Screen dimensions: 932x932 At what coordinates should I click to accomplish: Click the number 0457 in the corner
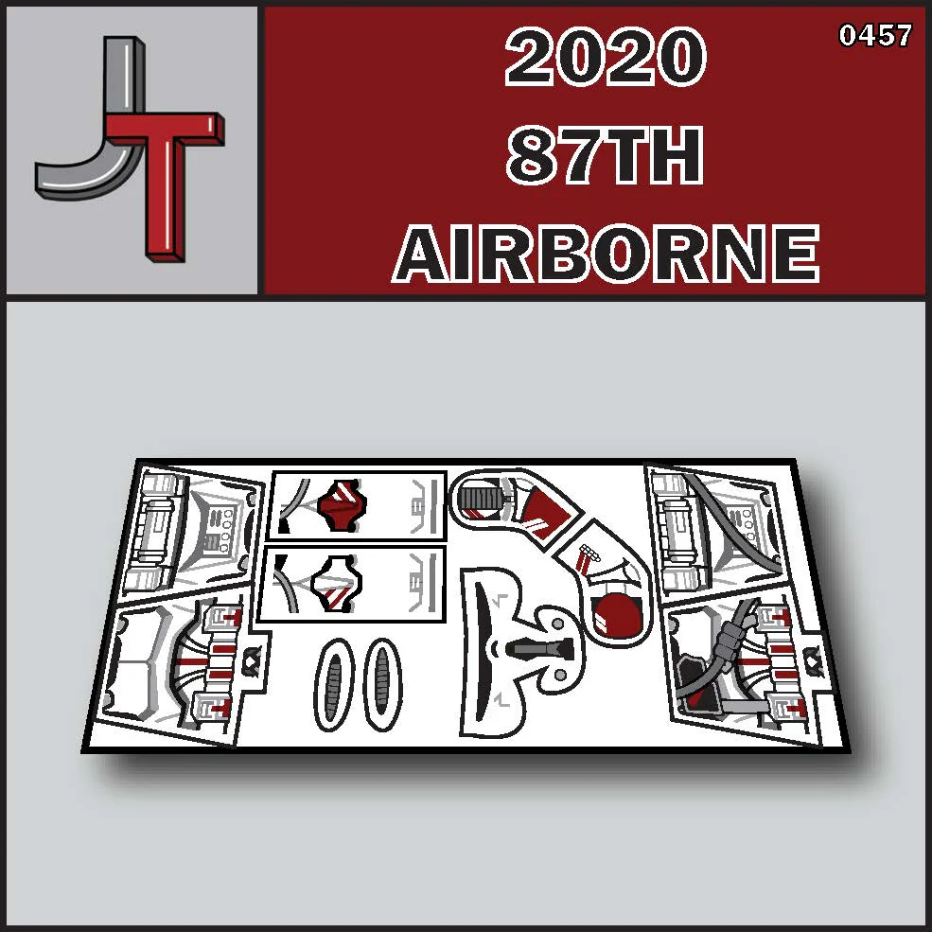click(875, 36)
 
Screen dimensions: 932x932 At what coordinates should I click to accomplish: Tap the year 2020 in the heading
click(605, 57)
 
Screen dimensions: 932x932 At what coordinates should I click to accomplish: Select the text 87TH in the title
click(605, 155)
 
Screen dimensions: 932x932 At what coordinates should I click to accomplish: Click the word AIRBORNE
click(606, 254)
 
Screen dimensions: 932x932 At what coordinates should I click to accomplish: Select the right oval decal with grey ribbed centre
click(382, 684)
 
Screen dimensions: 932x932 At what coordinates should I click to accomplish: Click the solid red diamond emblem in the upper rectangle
click(342, 505)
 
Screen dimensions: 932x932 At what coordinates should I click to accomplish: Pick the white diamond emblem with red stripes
click(337, 584)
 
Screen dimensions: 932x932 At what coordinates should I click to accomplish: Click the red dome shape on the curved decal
click(616, 613)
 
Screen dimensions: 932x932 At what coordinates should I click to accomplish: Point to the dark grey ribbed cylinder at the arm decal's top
click(482, 498)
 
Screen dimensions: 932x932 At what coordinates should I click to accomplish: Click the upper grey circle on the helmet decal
click(557, 624)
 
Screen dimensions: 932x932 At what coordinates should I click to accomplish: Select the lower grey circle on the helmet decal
click(560, 675)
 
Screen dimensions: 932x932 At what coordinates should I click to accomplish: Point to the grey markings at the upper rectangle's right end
click(423, 506)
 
